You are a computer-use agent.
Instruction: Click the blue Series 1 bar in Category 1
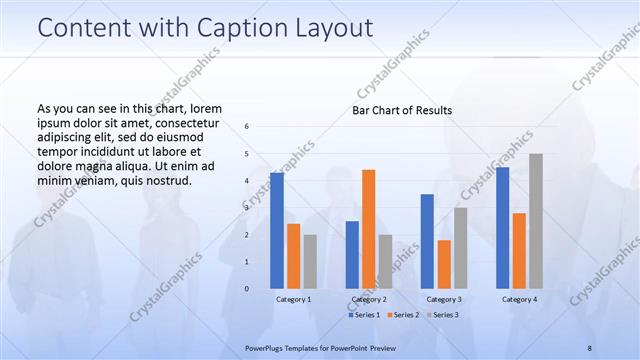(x=277, y=230)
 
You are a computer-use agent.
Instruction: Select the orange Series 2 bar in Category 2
(x=368, y=228)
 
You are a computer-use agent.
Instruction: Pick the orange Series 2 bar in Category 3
(x=444, y=264)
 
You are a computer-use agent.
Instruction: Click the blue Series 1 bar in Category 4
(x=502, y=227)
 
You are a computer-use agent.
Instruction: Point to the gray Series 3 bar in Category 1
(x=310, y=261)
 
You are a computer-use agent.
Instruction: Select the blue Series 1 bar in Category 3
(x=427, y=241)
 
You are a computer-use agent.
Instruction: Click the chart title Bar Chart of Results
(x=402, y=110)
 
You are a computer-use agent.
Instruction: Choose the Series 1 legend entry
(x=363, y=315)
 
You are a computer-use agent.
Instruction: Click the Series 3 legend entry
(x=442, y=315)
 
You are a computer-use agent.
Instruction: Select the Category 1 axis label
(x=293, y=299)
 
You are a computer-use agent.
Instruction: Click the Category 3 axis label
(x=443, y=299)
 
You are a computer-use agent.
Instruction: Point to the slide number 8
(x=589, y=347)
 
